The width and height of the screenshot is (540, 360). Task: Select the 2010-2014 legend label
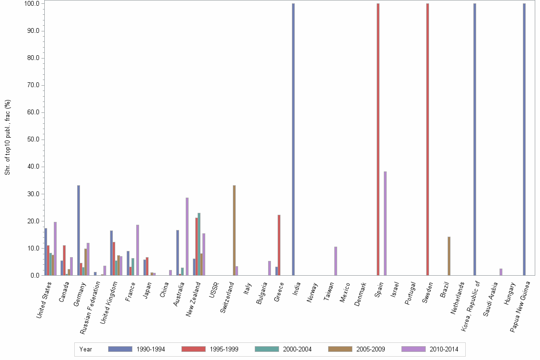(x=444, y=349)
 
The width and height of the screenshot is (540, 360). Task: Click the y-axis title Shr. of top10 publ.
(x=8, y=137)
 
